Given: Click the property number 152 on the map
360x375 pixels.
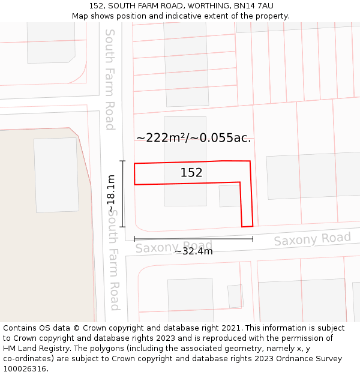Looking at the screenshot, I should (191, 173).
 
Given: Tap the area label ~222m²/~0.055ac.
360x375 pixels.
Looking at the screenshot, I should (193, 138).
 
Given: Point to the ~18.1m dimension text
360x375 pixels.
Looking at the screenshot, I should (111, 193).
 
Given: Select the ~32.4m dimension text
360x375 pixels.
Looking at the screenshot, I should (193, 251).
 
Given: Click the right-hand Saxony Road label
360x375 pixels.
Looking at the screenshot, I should (312, 239).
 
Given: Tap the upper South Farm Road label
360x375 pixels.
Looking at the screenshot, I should (110, 79).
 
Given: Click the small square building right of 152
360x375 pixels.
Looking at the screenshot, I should (229, 196).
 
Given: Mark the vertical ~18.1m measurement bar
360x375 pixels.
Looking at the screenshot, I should (123, 194).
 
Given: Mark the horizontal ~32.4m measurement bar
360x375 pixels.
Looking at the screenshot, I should (193, 239).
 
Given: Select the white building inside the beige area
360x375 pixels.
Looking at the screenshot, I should (56, 175).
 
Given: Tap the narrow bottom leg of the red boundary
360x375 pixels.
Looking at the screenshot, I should (247, 207).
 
